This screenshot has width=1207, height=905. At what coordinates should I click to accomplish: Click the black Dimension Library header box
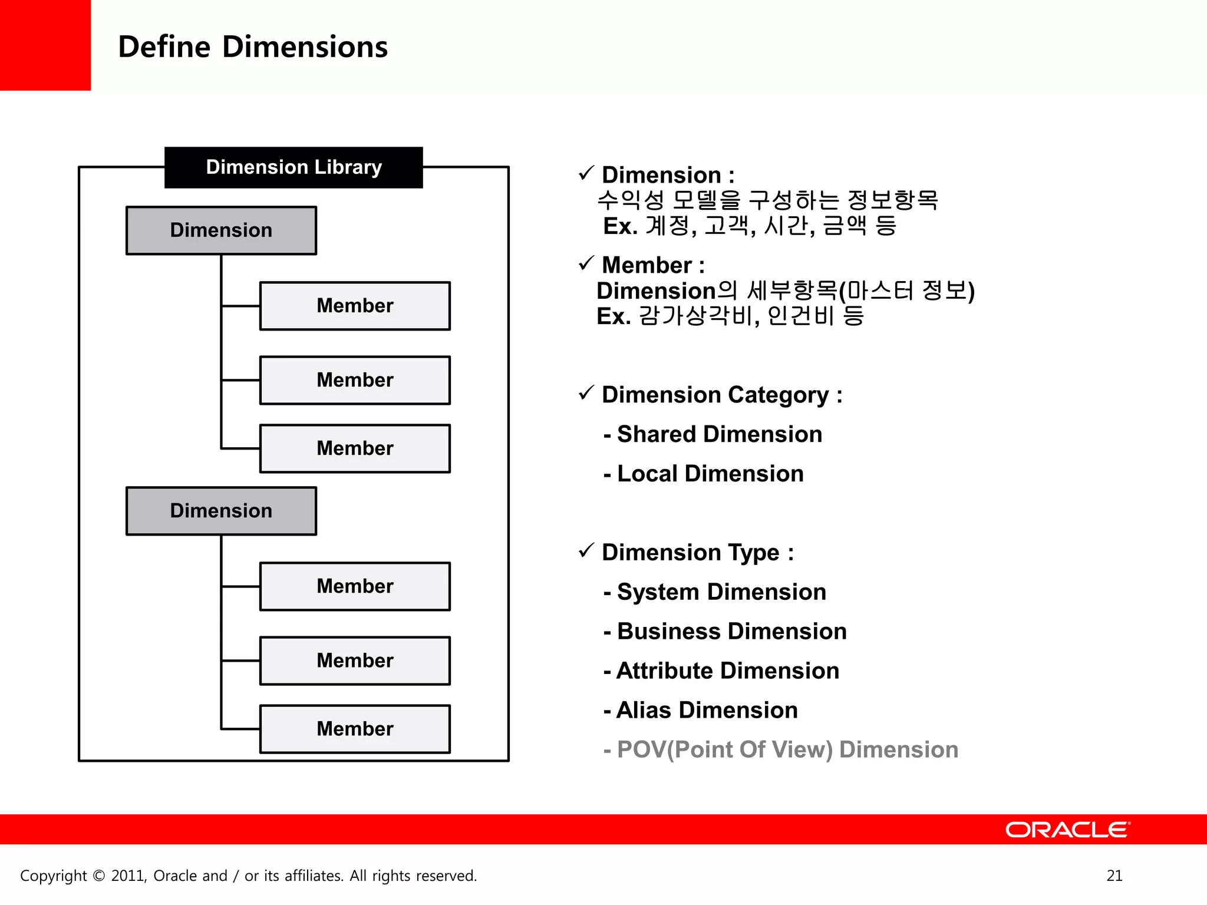click(293, 167)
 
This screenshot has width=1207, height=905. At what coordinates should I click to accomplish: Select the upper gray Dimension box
click(221, 230)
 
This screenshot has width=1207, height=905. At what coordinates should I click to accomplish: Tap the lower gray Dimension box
click(221, 511)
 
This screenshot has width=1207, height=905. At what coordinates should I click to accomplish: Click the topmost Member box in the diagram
click(355, 306)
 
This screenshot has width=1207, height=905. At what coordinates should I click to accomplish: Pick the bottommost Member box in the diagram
click(355, 729)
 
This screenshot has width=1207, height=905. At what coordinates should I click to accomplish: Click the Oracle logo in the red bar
click(1067, 830)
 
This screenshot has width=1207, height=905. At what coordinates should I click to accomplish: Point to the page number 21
click(1114, 876)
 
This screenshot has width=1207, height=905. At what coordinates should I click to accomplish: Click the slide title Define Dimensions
click(253, 47)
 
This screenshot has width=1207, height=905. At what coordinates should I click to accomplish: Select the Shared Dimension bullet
click(713, 434)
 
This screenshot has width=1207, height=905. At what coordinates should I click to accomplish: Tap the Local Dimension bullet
click(704, 474)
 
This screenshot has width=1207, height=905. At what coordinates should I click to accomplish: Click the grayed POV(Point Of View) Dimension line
click(781, 749)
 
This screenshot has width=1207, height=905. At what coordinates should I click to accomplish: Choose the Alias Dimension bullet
click(701, 710)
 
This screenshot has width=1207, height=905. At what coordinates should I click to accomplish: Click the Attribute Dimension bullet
click(722, 671)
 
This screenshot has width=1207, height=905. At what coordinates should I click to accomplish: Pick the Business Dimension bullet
click(725, 631)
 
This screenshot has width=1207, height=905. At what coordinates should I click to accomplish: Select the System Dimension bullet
click(715, 592)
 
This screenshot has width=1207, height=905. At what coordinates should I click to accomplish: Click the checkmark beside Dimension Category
click(586, 392)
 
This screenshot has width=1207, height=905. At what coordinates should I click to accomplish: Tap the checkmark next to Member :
click(586, 263)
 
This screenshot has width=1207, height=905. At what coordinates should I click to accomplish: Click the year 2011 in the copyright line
click(128, 876)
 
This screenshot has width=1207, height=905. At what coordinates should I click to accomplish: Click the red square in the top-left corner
click(45, 45)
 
